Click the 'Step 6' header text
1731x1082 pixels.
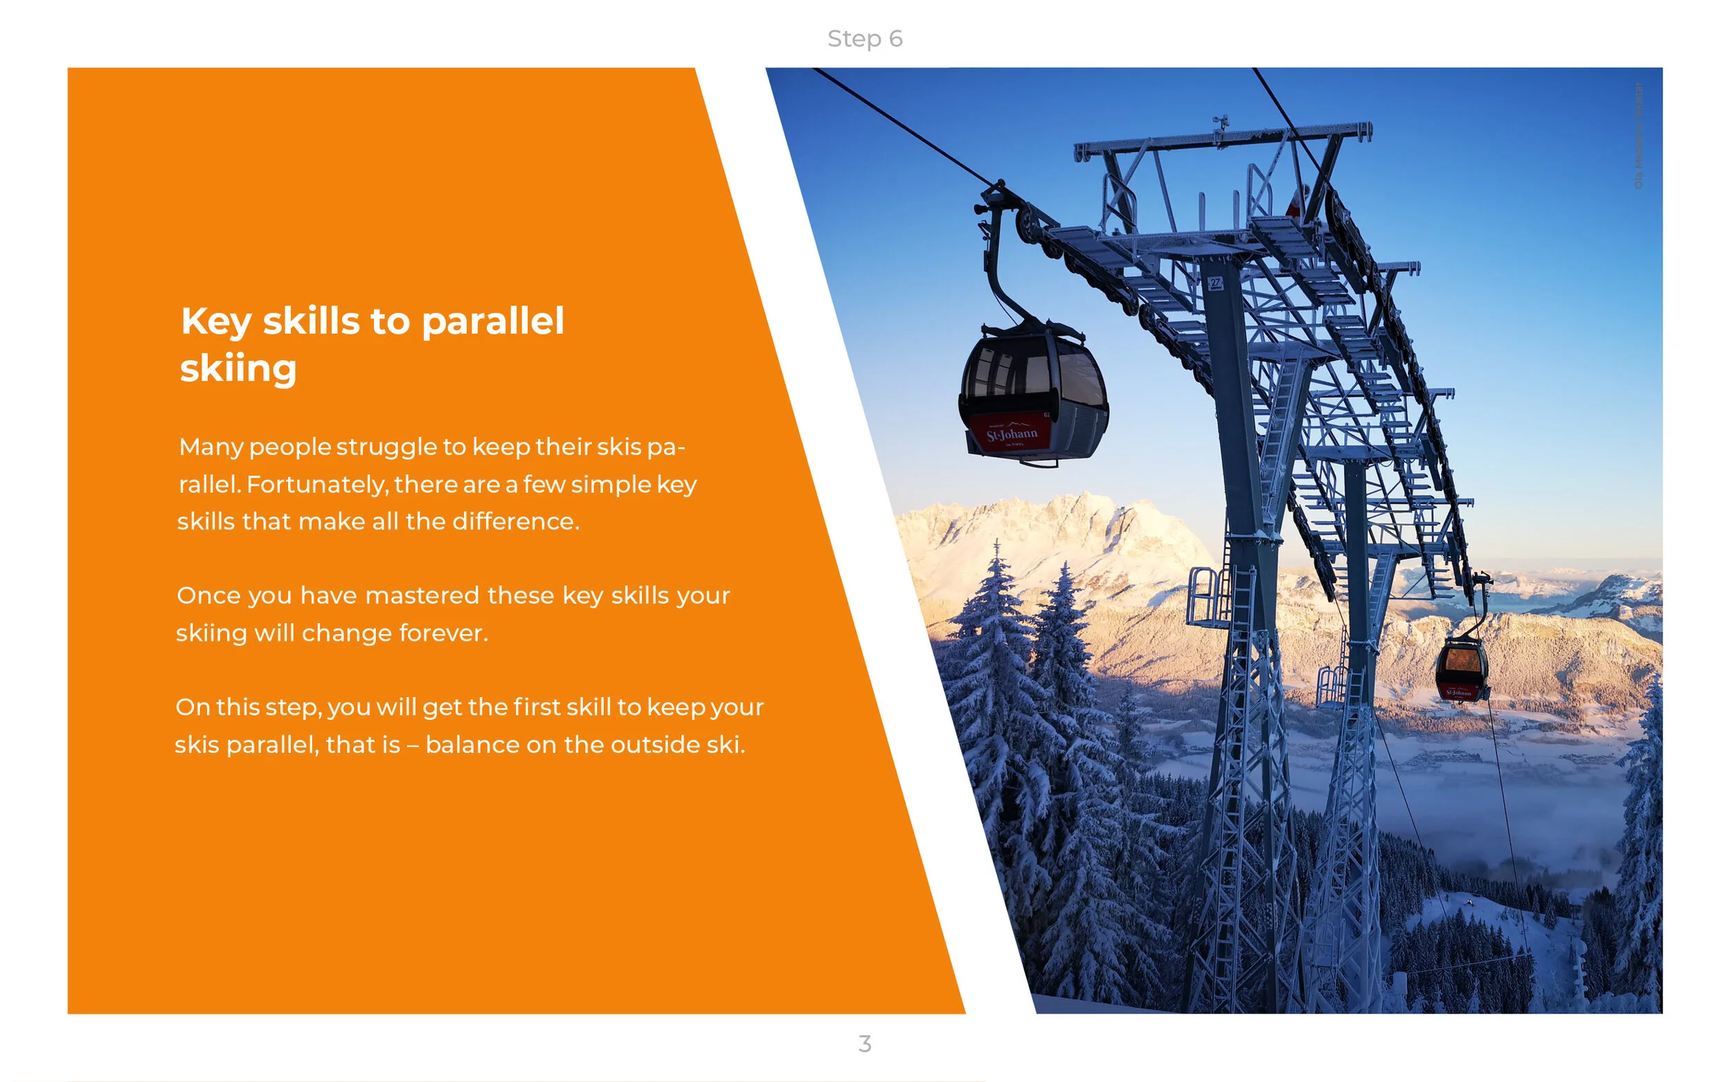coord(864,39)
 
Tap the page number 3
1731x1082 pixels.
coord(864,1043)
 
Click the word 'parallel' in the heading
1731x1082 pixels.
coord(492,321)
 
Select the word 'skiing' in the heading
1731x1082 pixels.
coord(238,368)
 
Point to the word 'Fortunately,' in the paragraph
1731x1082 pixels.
coord(317,485)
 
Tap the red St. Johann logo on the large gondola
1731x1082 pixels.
coord(1010,433)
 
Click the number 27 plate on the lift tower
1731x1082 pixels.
coord(1215,283)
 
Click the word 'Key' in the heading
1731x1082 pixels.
coord(215,321)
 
